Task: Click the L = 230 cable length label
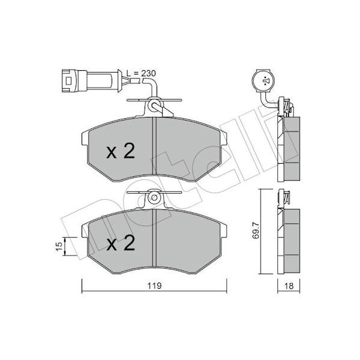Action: (141, 73)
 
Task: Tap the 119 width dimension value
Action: (155, 286)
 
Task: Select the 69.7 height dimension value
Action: (256, 230)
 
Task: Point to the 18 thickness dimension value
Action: (289, 286)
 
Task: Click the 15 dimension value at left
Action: (59, 247)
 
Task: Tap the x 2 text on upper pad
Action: (121, 151)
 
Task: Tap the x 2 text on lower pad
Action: (121, 243)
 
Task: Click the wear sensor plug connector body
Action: (91, 81)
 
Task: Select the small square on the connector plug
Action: (68, 81)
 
